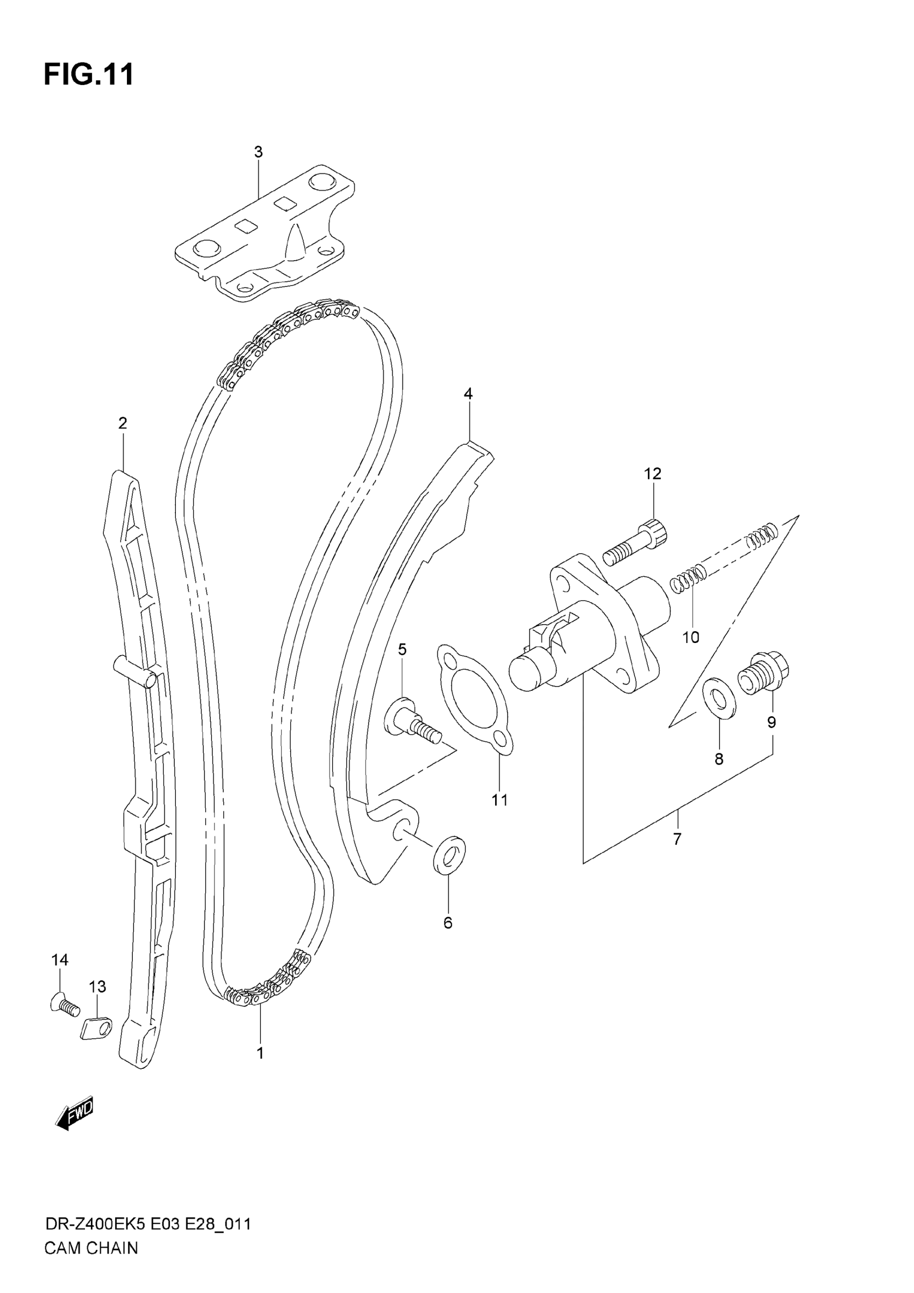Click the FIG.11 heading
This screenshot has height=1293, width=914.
[x=89, y=74]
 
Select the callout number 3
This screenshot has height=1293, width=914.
[x=258, y=152]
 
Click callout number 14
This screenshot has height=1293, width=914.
[x=60, y=960]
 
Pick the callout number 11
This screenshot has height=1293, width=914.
[x=499, y=799]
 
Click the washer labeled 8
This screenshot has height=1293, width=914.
[x=719, y=699]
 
